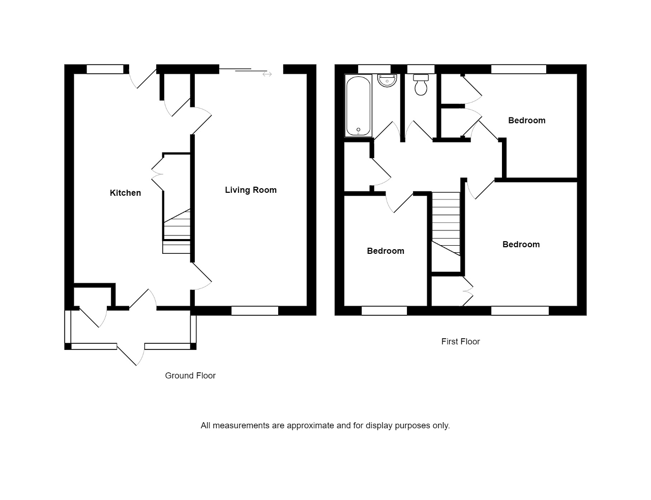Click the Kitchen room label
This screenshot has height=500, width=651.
tap(125, 193)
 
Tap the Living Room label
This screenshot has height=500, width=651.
tap(251, 190)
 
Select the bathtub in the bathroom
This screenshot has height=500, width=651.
tap(359, 106)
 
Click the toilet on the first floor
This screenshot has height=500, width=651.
tap(421, 85)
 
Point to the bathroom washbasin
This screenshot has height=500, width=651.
tap(387, 80)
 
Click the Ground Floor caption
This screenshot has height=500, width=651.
tap(190, 375)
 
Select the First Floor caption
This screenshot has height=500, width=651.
tap(460, 341)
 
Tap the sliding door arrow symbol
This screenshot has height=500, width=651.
tap(267, 74)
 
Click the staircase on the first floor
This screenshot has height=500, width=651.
tap(446, 224)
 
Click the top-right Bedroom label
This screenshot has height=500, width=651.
tap(526, 120)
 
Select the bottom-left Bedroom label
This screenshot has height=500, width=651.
tap(386, 251)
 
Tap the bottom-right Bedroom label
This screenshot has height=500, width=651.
tap(521, 244)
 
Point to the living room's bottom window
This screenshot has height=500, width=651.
tap(254, 311)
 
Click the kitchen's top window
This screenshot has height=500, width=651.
tap(105, 69)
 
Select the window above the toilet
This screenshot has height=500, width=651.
tap(421, 69)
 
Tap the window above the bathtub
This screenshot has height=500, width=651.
tap(374, 69)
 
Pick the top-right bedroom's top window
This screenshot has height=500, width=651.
tap(518, 69)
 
